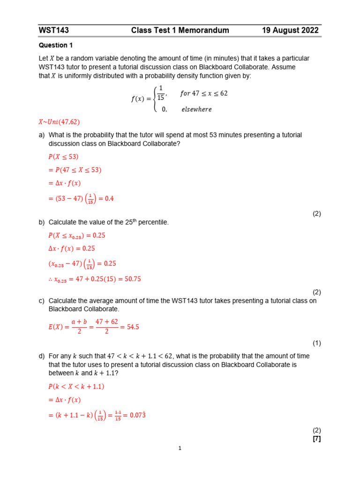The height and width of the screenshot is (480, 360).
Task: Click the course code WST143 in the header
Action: (54, 30)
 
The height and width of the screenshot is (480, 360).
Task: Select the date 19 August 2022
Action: (290, 30)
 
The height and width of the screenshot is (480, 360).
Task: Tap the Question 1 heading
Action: (56, 45)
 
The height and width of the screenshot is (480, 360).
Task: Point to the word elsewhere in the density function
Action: (196, 109)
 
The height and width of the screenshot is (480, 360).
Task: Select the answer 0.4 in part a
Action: (109, 199)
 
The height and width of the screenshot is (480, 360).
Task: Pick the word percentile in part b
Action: (153, 223)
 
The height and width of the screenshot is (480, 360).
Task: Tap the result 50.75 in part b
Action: (131, 279)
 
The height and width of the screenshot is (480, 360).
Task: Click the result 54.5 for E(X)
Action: (133, 327)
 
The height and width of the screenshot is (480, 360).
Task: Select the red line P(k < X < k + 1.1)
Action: (76, 387)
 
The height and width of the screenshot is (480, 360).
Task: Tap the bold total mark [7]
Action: (317, 439)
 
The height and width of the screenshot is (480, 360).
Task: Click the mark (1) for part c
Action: (317, 343)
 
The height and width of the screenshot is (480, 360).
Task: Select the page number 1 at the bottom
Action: (180, 449)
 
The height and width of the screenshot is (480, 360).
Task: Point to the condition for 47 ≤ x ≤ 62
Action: (204, 93)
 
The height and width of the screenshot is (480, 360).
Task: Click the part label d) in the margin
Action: (42, 356)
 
